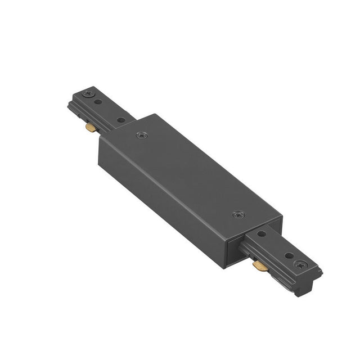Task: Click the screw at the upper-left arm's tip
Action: click(87, 93)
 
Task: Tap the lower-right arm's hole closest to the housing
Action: click(262, 233)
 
